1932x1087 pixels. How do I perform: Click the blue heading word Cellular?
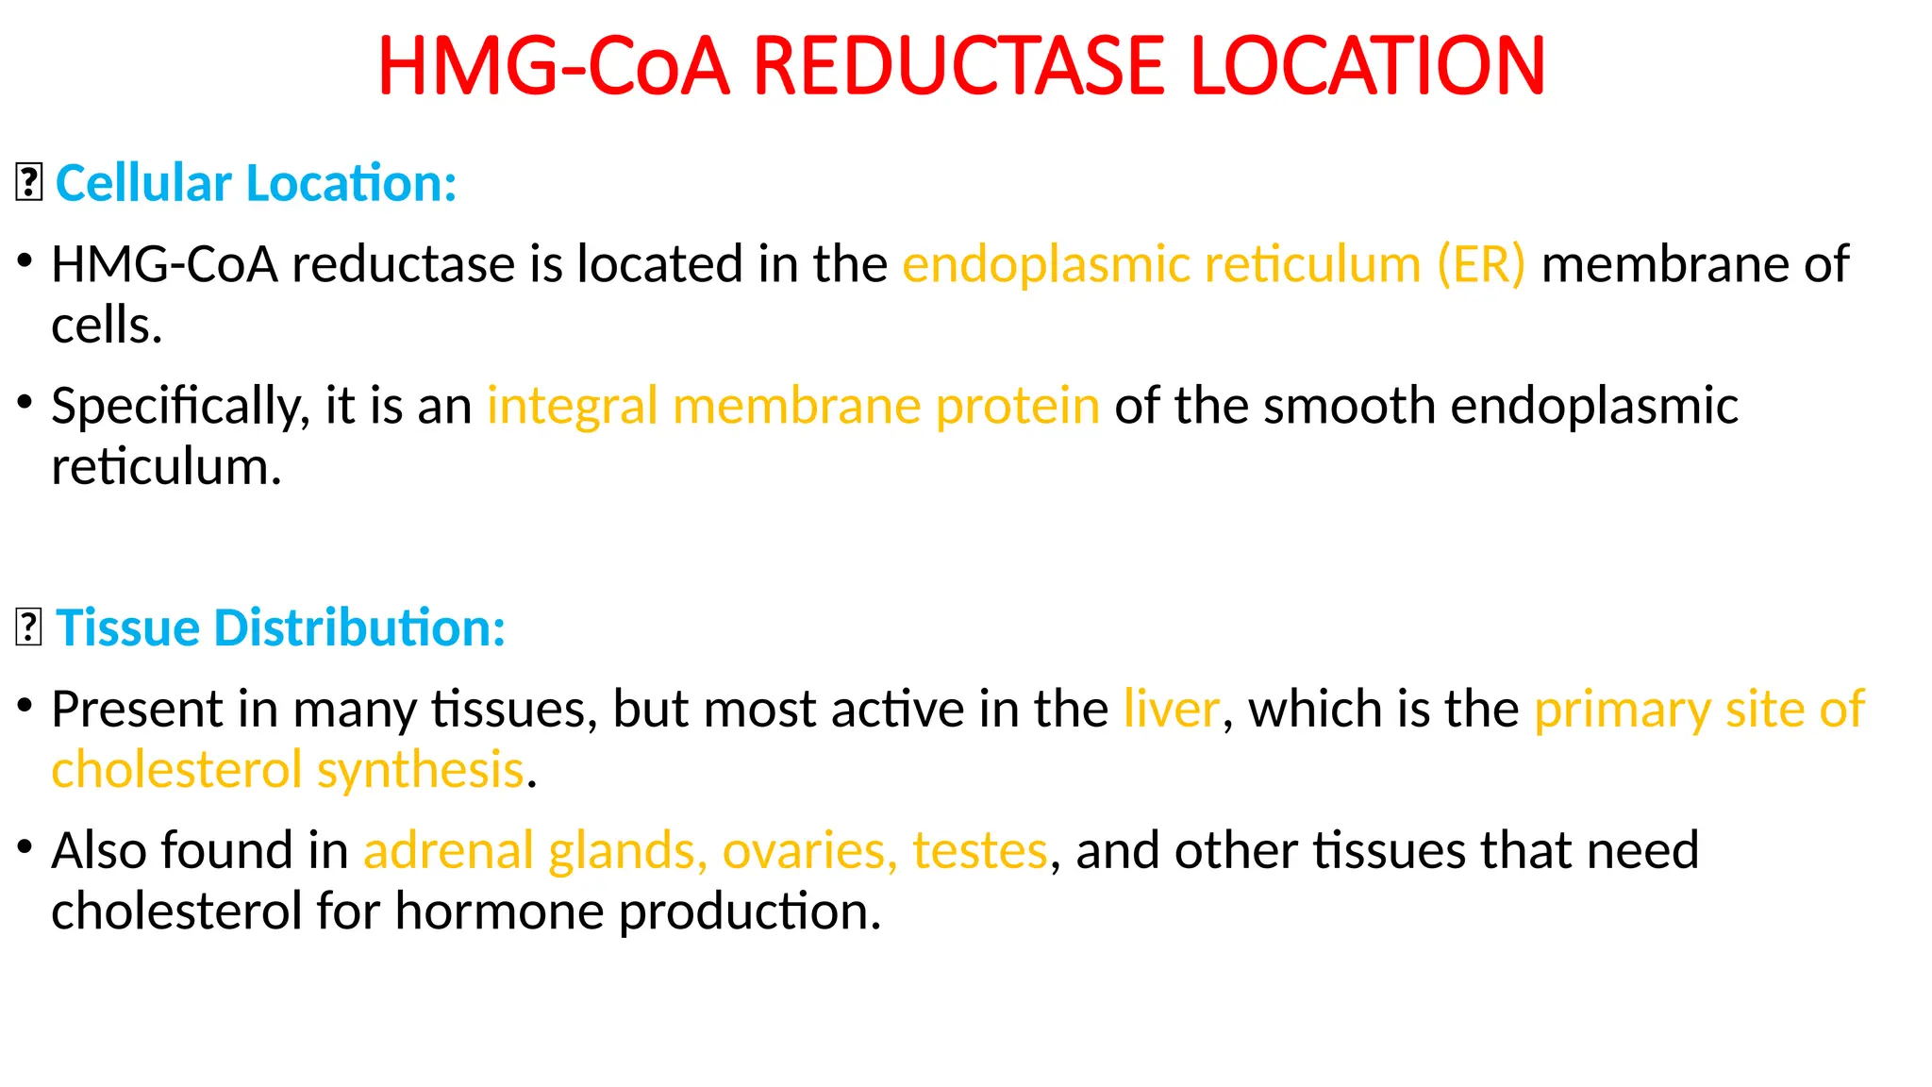click(143, 183)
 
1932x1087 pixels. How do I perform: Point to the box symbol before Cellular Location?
click(29, 183)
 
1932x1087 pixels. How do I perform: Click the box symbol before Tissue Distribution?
click(29, 627)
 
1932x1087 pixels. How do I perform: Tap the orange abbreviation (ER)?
click(1480, 264)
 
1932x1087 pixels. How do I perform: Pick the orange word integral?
click(572, 407)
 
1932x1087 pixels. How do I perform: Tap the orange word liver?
click(1172, 710)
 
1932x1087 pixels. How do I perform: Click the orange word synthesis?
click(420, 770)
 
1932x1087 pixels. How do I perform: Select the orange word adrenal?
click(448, 850)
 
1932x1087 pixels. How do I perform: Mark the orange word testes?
click(979, 850)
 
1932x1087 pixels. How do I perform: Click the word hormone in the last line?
click(499, 911)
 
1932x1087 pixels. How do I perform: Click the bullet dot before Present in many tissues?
click(25, 705)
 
